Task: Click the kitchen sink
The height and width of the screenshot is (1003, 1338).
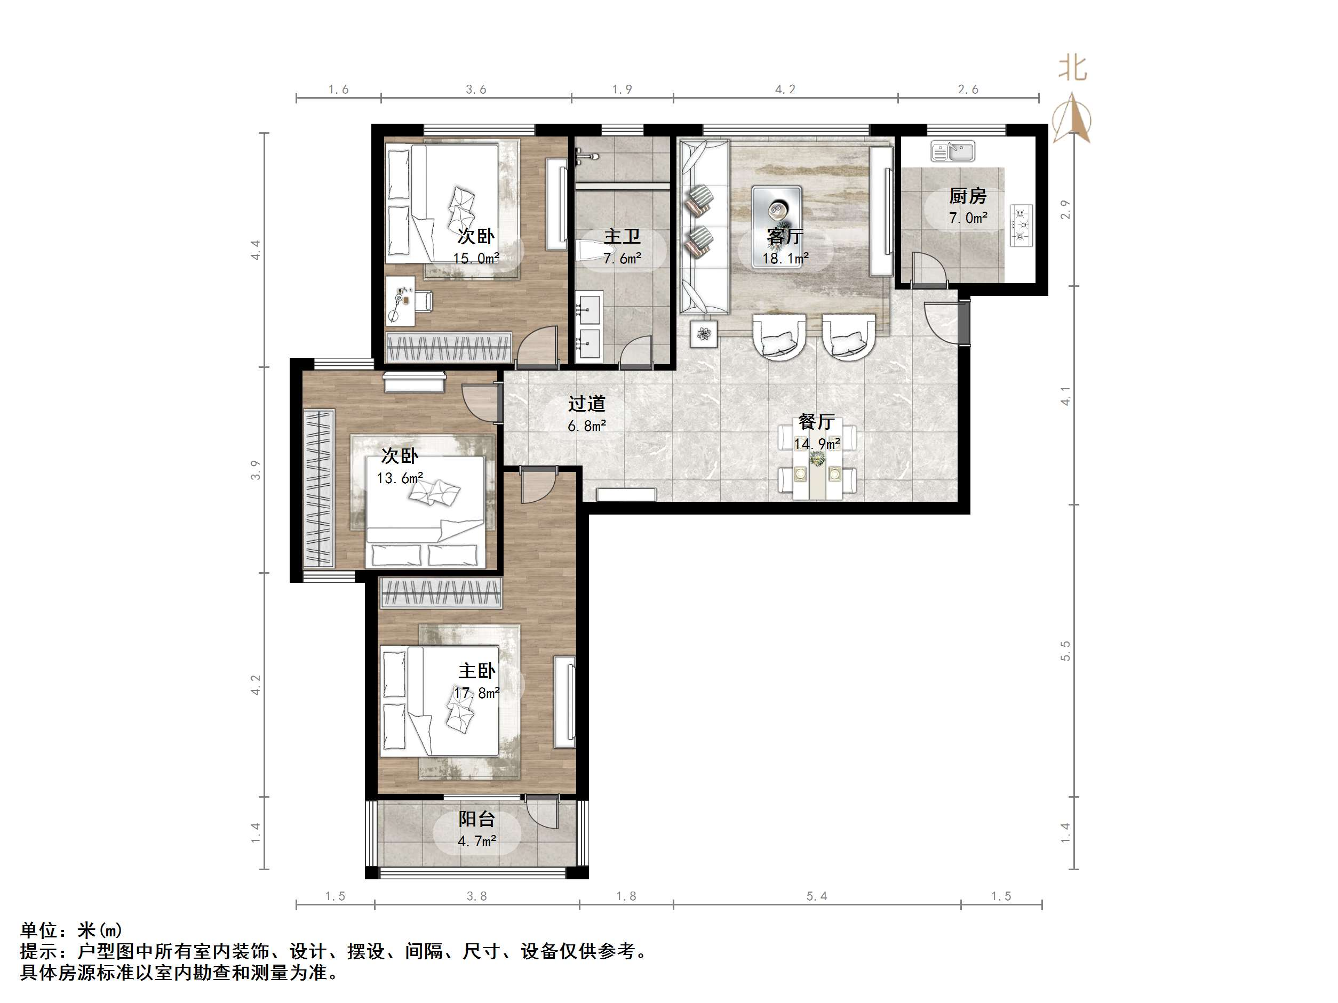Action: pos(953,151)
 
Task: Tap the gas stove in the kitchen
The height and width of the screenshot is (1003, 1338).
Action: pos(1021,226)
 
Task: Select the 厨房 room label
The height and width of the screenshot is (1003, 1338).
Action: pos(967,196)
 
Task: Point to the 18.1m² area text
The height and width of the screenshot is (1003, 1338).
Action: pos(785,259)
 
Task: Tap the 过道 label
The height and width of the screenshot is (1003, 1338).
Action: pos(586,403)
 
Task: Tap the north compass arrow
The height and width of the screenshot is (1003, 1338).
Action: pos(1071,118)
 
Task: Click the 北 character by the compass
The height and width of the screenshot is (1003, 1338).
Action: pos(1072,68)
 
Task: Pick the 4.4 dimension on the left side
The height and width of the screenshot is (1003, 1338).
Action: pos(256,250)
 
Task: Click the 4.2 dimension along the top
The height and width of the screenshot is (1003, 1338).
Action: pos(785,90)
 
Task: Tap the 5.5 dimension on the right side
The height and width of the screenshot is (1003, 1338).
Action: pos(1065,651)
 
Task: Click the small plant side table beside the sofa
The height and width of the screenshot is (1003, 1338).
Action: pos(704,333)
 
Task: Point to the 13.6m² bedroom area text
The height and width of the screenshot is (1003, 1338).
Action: pos(399,478)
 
